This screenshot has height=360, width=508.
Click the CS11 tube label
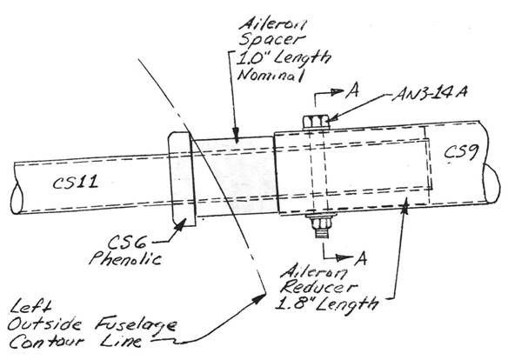point(76,183)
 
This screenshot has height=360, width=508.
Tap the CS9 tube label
point(461,152)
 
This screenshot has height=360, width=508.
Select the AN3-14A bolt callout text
point(430,94)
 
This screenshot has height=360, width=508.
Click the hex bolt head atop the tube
point(316,122)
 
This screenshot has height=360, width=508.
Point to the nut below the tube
point(320,223)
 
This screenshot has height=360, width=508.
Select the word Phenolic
point(125,258)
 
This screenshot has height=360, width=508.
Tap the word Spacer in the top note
point(271,41)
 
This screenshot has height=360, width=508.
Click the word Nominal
point(271,75)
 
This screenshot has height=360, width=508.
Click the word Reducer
point(319,286)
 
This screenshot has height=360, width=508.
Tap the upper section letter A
point(351,91)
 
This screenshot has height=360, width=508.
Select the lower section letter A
point(360,258)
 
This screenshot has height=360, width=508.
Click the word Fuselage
point(136,325)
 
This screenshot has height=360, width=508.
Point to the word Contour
point(47,342)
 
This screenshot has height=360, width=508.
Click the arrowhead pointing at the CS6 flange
point(180,224)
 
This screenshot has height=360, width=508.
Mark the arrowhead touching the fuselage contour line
point(259,298)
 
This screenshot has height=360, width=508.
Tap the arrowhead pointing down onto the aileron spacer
point(236,136)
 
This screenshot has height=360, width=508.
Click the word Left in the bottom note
point(30,307)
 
